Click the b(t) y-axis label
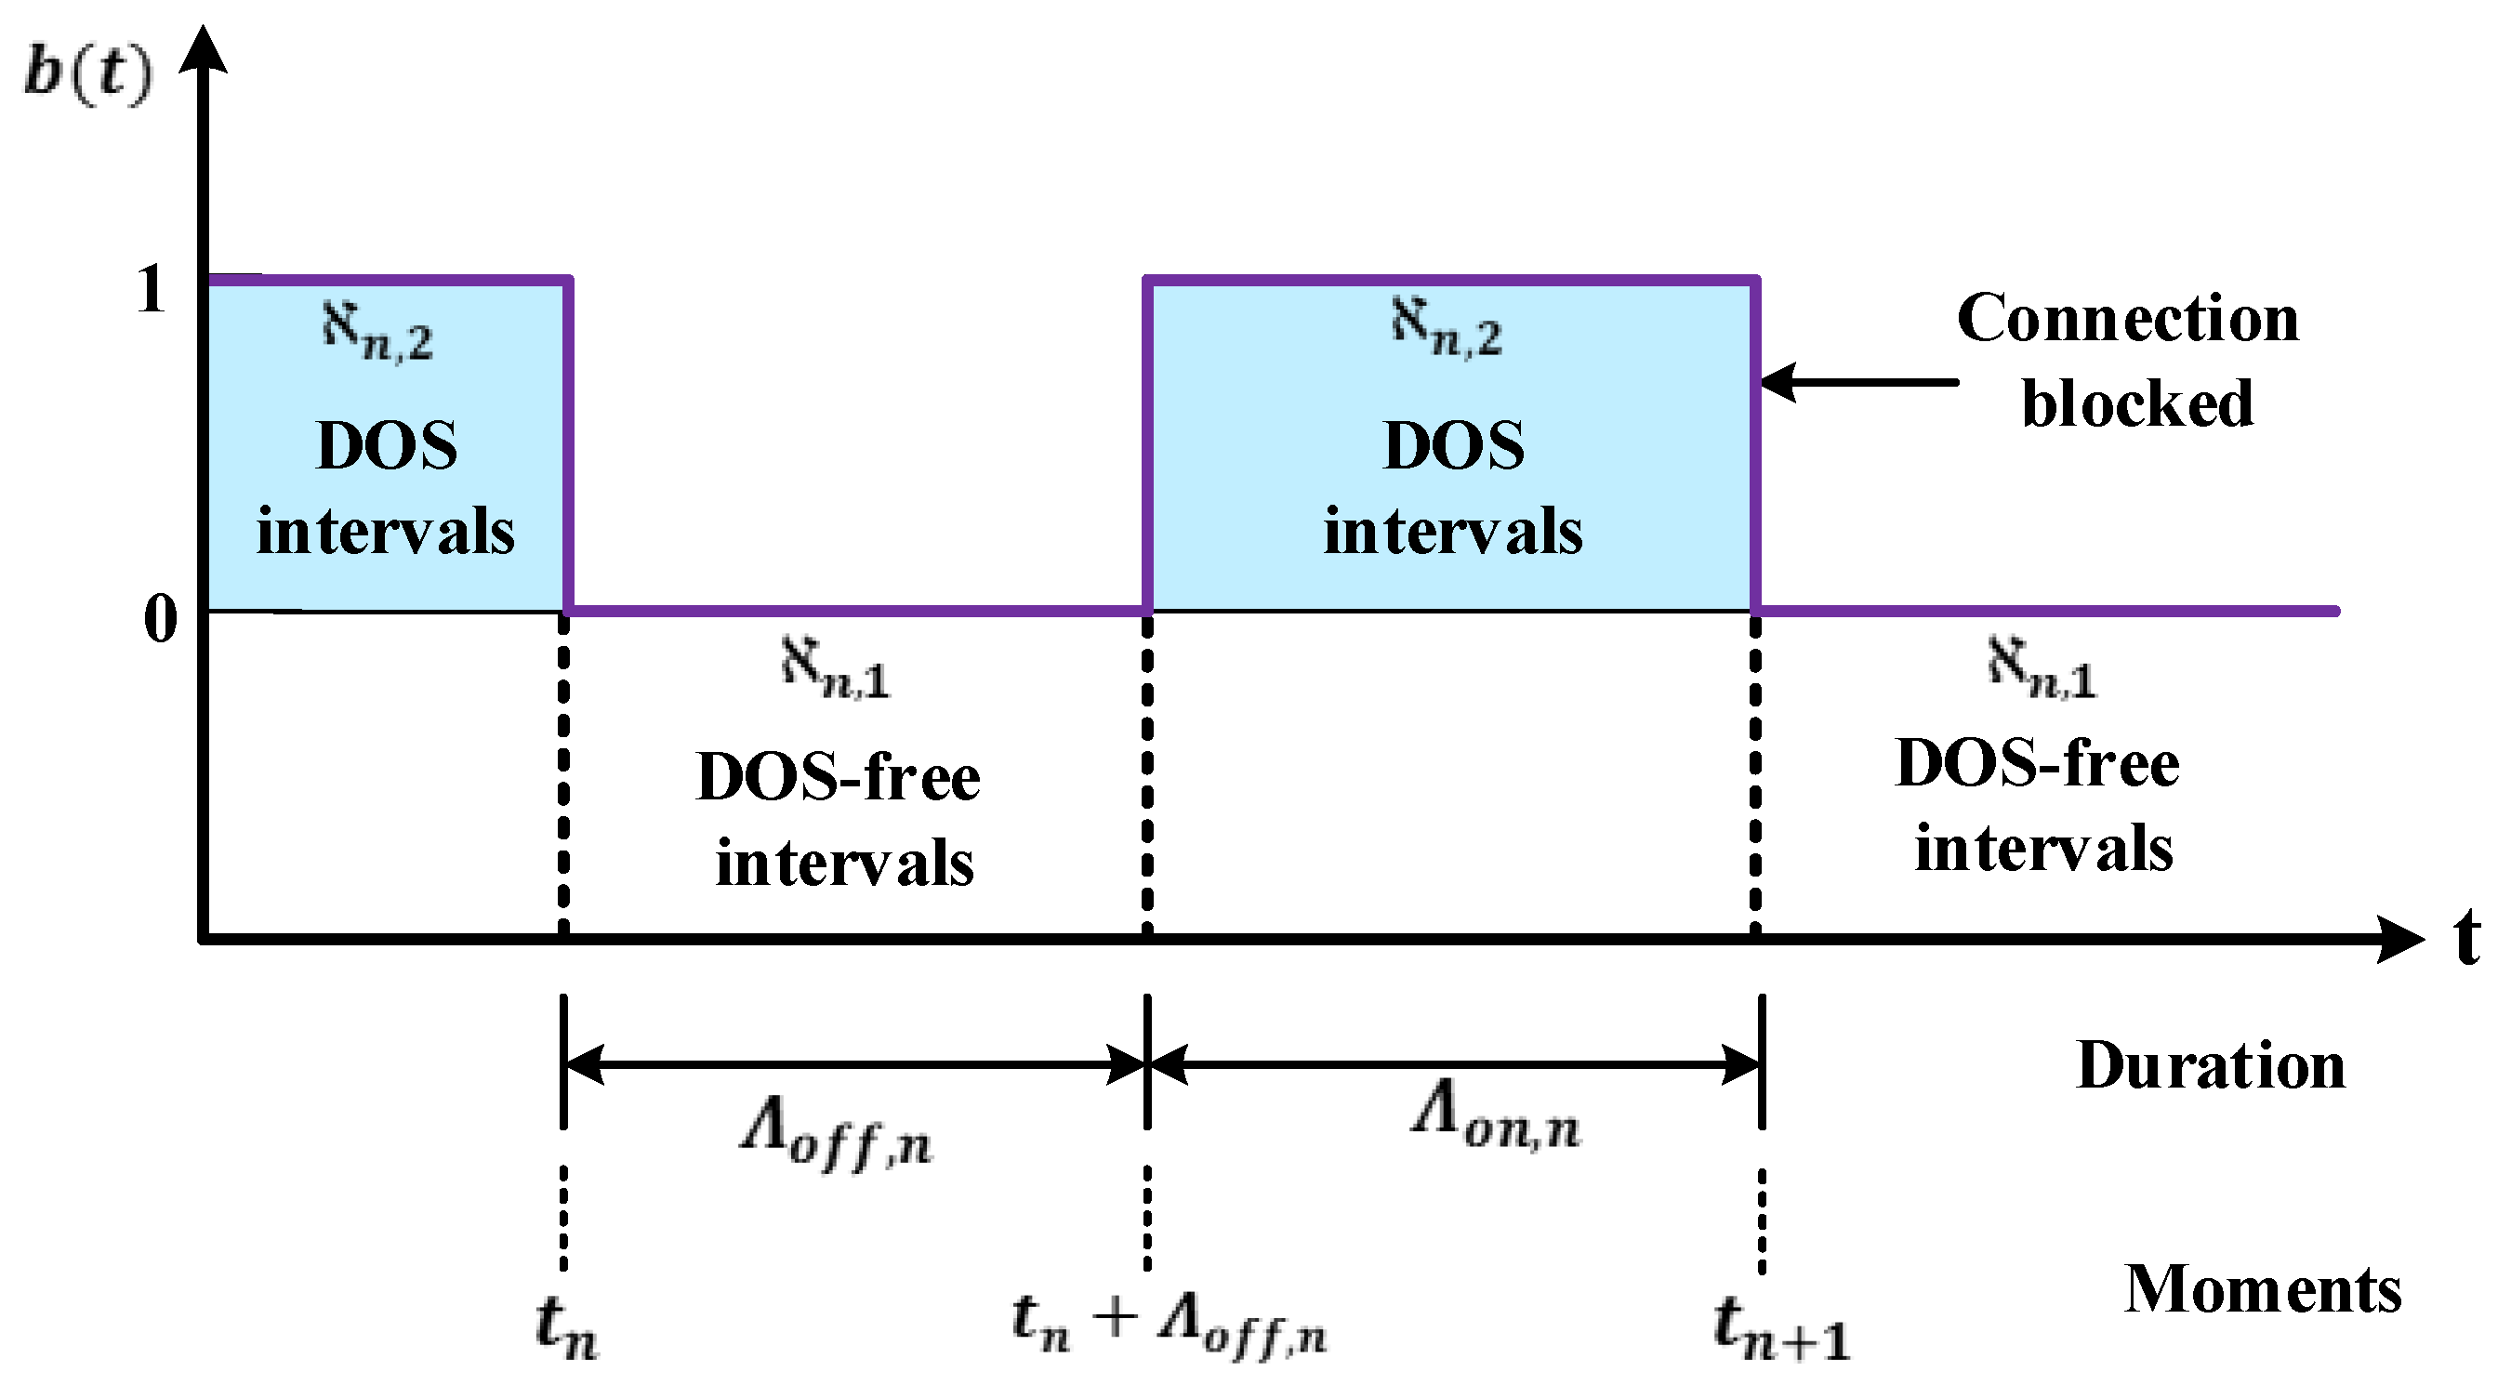pyautogui.click(x=87, y=73)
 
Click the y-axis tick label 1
pyautogui.click(x=152, y=289)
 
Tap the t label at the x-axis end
pyautogui.click(x=2466, y=937)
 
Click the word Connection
pyautogui.click(x=2127, y=319)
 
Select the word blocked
pyautogui.click(x=2136, y=403)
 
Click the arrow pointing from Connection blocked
pyautogui.click(x=1857, y=382)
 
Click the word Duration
pyautogui.click(x=2211, y=1064)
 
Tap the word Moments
pyautogui.click(x=2262, y=1288)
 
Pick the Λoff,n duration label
pyautogui.click(x=837, y=1137)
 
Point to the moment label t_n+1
pyautogui.click(x=1782, y=1327)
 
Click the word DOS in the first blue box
pyautogui.click(x=387, y=446)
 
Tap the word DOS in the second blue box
pyautogui.click(x=1453, y=446)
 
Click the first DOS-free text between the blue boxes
pyautogui.click(x=839, y=778)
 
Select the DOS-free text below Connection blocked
pyautogui.click(x=2037, y=763)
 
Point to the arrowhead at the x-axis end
pyautogui.click(x=2398, y=939)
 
